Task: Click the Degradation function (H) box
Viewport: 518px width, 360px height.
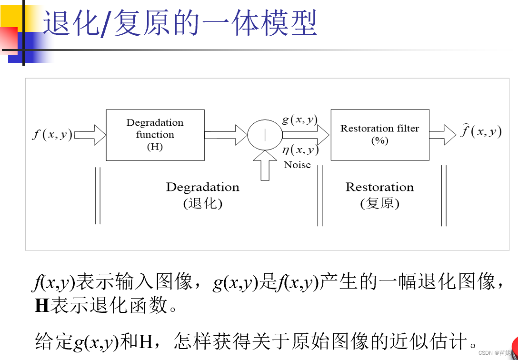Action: (155, 135)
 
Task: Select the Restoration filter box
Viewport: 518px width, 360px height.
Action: (379, 135)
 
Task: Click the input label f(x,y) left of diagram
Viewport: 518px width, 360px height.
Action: (52, 134)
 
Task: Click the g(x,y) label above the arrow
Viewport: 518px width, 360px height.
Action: (299, 120)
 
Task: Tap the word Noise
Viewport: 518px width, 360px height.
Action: (297, 165)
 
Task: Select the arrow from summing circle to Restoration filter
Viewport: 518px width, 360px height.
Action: (305, 135)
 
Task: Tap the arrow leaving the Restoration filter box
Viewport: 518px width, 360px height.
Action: (443, 135)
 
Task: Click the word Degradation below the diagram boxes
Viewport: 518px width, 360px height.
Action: (202, 187)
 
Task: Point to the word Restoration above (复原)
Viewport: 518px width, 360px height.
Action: (379, 187)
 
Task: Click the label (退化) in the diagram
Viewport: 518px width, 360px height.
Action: (202, 204)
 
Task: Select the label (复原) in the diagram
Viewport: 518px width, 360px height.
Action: (379, 204)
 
